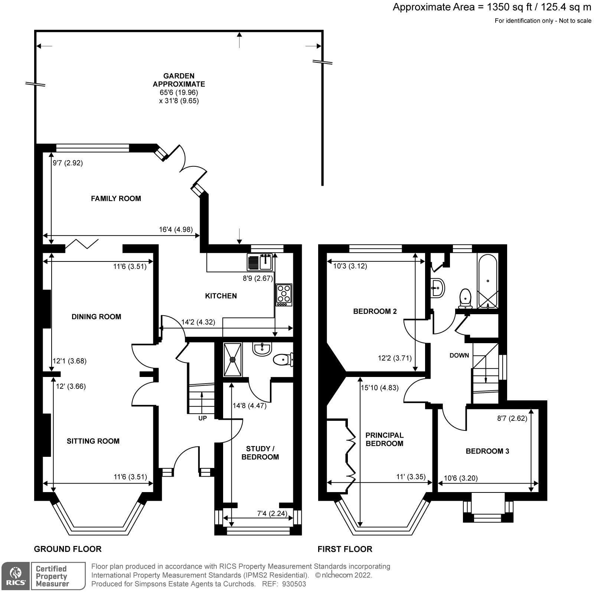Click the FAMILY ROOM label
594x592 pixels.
coord(116,199)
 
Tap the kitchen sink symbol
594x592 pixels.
coord(260,263)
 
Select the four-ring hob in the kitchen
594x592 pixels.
coord(284,295)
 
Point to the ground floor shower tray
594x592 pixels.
coord(233,360)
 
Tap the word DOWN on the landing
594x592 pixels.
coord(459,355)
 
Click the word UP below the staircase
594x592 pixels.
coord(203,418)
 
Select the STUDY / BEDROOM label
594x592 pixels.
coord(260,453)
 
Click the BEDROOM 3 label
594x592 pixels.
coord(487,451)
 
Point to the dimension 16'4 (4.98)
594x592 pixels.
coord(176,230)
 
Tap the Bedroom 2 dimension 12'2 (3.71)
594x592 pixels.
coord(395,358)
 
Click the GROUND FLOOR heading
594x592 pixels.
coord(68,549)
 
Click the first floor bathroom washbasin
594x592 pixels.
coord(438,287)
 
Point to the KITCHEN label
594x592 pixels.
coord(221,296)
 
